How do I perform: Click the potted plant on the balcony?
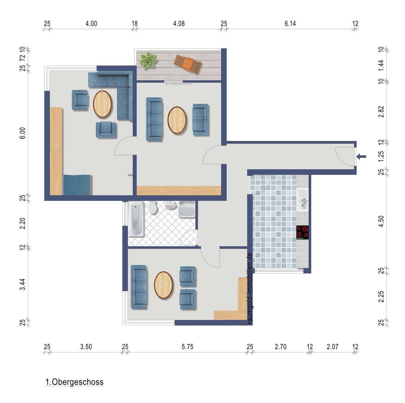(x=148, y=60)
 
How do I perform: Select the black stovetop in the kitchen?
(x=302, y=232)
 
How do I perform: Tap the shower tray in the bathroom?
(x=187, y=209)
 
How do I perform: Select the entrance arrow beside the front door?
(x=361, y=156)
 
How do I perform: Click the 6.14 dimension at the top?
(x=290, y=24)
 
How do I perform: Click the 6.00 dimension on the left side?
(x=23, y=133)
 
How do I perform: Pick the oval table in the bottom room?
(x=163, y=285)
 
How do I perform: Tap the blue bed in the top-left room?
(x=78, y=185)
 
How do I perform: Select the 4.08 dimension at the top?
(x=179, y=24)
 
